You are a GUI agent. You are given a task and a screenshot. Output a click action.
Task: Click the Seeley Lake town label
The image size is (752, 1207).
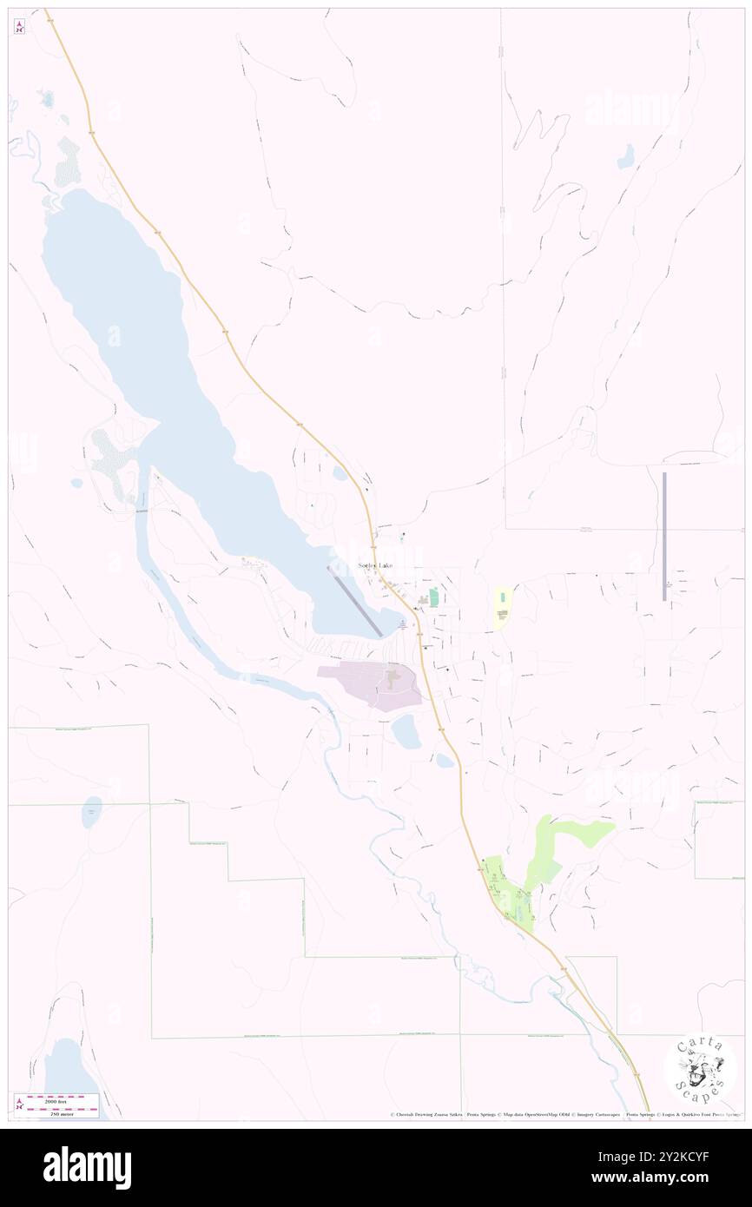[375, 565]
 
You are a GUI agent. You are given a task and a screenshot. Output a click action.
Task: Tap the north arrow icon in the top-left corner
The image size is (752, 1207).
[19, 27]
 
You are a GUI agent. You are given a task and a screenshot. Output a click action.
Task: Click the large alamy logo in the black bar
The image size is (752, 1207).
[87, 1168]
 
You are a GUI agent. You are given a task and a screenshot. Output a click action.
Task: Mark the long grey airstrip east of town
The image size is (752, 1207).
[664, 536]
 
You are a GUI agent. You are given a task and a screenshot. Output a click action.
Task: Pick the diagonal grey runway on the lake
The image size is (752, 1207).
[353, 600]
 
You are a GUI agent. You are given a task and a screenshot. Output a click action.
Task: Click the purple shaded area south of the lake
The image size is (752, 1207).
[373, 683]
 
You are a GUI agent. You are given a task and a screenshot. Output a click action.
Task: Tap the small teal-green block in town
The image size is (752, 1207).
[433, 597]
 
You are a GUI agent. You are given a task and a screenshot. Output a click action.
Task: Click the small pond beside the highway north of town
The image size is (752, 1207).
[340, 473]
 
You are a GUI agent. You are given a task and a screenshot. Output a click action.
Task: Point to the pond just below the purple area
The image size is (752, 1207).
[406, 732]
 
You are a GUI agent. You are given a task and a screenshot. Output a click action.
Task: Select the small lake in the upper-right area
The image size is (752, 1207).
[625, 156]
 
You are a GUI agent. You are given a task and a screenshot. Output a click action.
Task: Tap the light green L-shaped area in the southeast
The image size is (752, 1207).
[564, 842]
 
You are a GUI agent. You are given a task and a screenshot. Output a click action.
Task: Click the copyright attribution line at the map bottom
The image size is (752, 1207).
[564, 1114]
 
